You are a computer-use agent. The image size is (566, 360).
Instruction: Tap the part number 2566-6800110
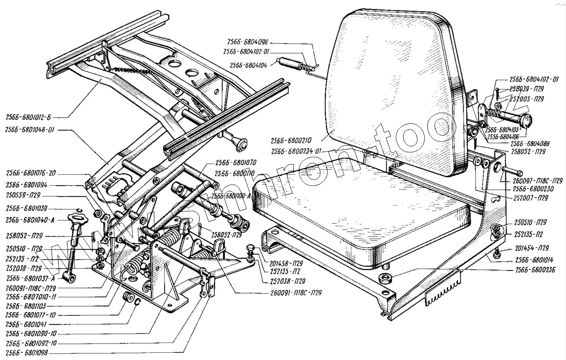click(x=236, y=173)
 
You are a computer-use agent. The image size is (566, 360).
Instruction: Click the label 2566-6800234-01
click(x=296, y=151)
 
